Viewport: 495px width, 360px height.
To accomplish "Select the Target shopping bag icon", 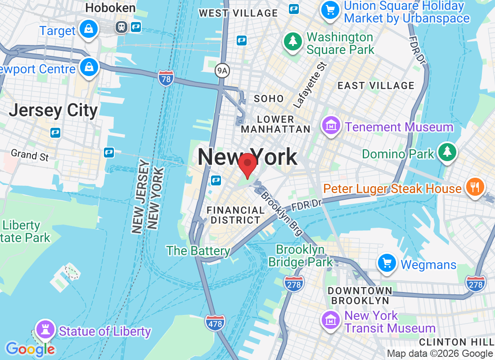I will (89, 30).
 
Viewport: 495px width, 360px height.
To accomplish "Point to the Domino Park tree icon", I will (447, 152).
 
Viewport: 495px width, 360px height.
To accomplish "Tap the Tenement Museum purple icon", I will (332, 126).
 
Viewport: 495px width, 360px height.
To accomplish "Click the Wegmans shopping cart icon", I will (387, 263).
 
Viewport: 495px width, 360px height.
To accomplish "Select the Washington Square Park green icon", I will (293, 41).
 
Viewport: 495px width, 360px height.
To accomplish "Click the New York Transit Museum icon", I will (331, 320).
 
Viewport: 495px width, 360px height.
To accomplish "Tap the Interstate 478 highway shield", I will (215, 323).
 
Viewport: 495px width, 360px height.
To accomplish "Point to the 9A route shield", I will (222, 70).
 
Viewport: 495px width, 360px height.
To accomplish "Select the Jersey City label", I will (53, 110).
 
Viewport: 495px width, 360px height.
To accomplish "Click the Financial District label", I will (235, 215).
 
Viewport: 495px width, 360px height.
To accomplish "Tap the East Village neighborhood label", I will (376, 85).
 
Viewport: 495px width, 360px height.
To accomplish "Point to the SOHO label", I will (269, 99).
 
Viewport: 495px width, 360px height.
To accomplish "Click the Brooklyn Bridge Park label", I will (301, 256).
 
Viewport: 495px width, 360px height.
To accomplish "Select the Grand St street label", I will (30, 155).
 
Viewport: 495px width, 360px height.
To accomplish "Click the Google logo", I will (30, 349).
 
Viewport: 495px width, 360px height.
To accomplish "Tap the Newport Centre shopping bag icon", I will (89, 67).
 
